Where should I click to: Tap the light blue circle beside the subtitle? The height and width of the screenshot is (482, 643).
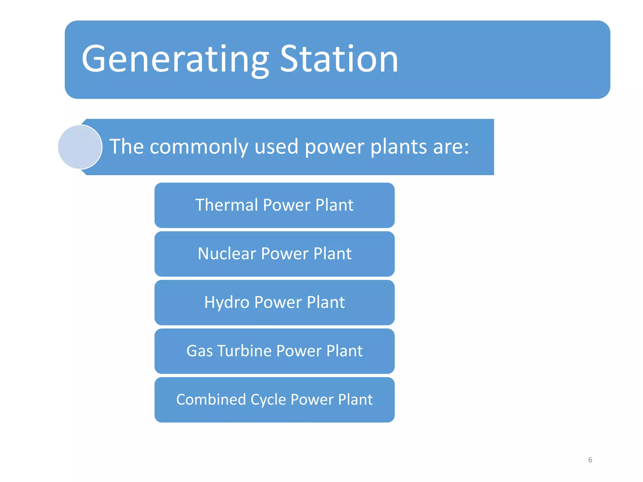[x=80, y=147]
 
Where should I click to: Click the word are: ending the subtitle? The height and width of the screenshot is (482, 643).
[x=451, y=147]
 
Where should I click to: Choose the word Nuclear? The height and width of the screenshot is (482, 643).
[x=227, y=254]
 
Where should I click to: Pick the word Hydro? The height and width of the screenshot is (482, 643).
[x=227, y=302]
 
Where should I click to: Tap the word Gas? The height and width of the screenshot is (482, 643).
[x=199, y=351]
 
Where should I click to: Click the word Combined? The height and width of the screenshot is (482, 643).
[x=211, y=399]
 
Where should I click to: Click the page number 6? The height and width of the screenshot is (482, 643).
[x=590, y=460]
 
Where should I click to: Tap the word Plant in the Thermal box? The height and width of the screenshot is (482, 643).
[x=334, y=205]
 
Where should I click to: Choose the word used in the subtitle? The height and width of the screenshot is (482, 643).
[x=276, y=147]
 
